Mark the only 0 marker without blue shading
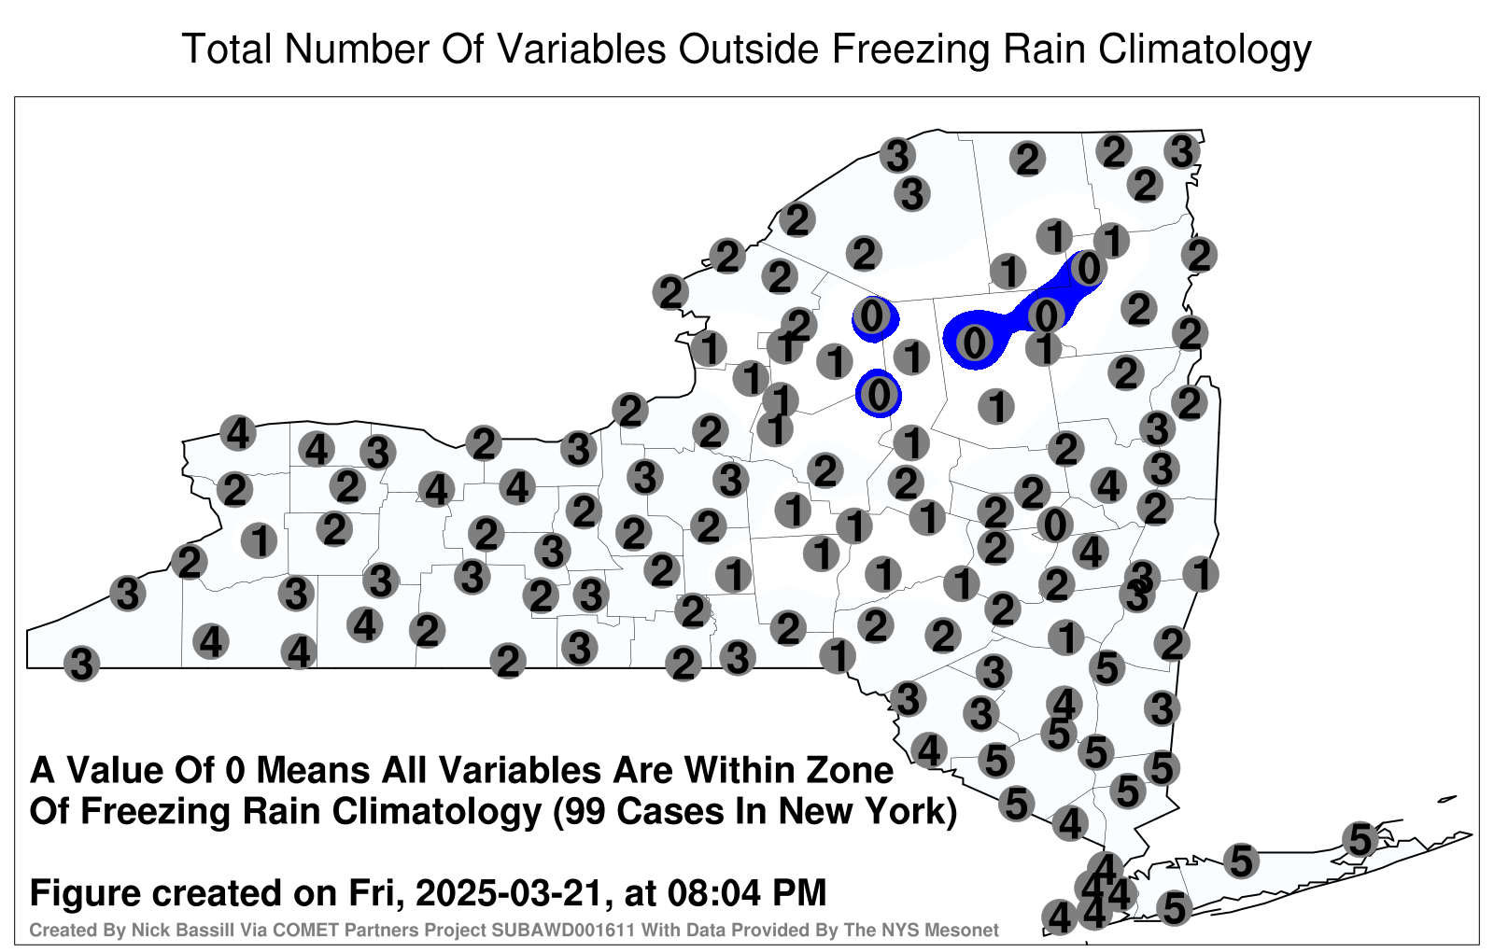coord(1054,525)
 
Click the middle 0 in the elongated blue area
coord(1046,315)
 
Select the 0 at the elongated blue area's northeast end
coord(1088,269)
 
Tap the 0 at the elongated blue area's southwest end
coord(975,343)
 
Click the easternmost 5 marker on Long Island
coord(1360,839)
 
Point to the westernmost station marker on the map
coord(81,664)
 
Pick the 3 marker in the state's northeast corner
coord(1182,151)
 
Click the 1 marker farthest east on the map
coord(1201,574)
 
